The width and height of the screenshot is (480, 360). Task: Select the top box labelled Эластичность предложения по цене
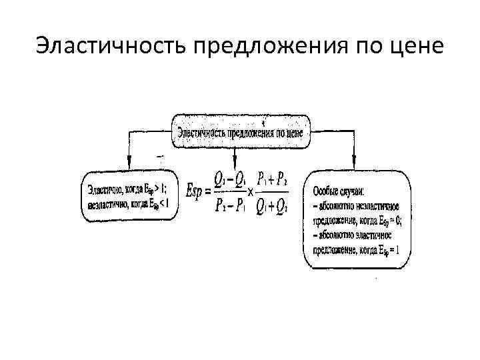coord(241,131)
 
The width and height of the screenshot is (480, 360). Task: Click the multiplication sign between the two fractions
coord(249,193)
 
